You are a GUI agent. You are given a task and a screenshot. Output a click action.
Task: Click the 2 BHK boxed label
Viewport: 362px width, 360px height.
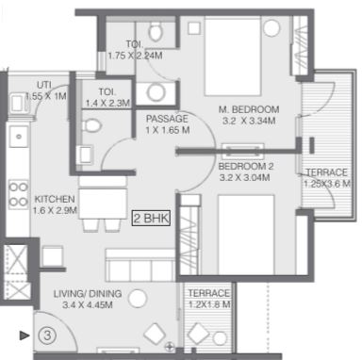click(151, 218)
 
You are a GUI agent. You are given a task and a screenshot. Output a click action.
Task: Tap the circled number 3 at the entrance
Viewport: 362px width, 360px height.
click(47, 335)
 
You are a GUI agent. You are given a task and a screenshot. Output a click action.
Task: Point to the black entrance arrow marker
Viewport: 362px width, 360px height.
click(25, 335)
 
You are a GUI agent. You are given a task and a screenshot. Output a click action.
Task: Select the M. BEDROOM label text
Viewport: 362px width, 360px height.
click(249, 109)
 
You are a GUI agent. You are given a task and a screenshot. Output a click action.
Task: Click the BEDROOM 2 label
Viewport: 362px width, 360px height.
click(246, 166)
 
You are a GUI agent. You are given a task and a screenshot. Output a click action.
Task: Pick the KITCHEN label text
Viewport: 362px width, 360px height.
click(55, 199)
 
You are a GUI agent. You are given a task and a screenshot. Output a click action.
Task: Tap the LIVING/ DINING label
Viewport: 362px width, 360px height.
click(88, 294)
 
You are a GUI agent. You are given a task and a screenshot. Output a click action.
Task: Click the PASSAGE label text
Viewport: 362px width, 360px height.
click(167, 119)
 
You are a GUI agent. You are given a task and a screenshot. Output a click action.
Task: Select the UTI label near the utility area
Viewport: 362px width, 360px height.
click(44, 85)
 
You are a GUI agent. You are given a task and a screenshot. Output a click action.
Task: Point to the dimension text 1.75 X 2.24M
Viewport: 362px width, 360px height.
click(136, 56)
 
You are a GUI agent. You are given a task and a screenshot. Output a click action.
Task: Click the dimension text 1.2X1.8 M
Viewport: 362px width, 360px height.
click(209, 304)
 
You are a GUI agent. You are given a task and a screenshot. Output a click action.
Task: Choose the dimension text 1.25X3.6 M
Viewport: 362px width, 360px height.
click(327, 184)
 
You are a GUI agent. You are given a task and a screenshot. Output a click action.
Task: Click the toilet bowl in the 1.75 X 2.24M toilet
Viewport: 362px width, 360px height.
click(155, 31)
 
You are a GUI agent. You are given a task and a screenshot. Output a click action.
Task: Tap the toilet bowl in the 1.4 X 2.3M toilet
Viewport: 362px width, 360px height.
click(91, 125)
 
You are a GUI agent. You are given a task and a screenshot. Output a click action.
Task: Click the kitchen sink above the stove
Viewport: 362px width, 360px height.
click(19, 137)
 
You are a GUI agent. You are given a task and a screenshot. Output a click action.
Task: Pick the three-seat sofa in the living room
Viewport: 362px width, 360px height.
click(140, 265)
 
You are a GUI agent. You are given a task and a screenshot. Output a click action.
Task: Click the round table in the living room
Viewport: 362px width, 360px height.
click(138, 299)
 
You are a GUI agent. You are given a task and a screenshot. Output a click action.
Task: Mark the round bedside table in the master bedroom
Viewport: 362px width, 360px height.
click(271, 28)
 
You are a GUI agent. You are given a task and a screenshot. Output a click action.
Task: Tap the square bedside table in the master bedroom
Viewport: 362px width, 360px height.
click(194, 28)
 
